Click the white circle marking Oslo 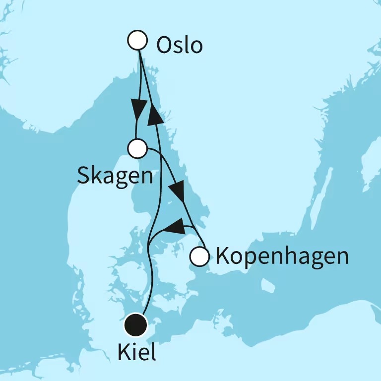[x=137, y=40]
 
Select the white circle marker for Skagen [x=137, y=148]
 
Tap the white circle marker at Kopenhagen [x=199, y=256]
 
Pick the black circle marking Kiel [x=136, y=325]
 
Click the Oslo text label [x=179, y=46]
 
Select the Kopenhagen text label [x=282, y=257]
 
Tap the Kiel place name [x=136, y=353]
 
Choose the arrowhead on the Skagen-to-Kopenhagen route [x=178, y=191]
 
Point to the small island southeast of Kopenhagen [x=268, y=285]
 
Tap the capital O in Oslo [x=164, y=46]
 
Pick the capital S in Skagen [x=83, y=175]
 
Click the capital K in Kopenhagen [x=222, y=256]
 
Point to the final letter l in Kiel [x=152, y=352]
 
